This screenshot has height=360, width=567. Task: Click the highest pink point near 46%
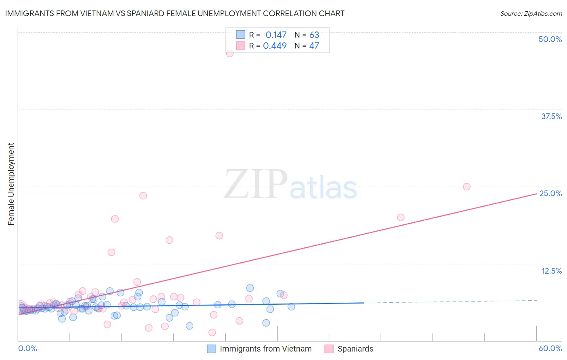pos(230,53)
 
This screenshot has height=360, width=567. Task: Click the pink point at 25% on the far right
pos(467,186)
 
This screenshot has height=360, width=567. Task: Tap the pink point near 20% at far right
pos(400,218)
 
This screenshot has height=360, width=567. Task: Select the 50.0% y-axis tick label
pos(550,39)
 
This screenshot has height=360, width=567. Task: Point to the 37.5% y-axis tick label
pos(551,116)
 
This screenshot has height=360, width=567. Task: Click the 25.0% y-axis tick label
pos(550,193)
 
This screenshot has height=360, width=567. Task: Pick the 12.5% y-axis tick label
pos(551,271)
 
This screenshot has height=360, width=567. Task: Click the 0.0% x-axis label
pos(27,348)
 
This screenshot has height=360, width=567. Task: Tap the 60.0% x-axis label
pos(550,348)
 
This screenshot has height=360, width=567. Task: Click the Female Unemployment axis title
pos(11,184)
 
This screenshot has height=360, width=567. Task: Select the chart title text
pos(175,13)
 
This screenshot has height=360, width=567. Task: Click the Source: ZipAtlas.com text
pos(531,13)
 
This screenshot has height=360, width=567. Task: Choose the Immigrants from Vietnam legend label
pos(265,349)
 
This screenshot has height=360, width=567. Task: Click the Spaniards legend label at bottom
pos(355,349)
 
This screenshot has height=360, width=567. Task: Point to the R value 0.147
pos(276,35)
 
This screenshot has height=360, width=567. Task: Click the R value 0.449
pos(275,46)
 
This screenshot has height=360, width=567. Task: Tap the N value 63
pos(314,35)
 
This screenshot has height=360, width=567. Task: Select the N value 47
pos(314,46)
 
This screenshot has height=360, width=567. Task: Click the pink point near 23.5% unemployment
pos(143,196)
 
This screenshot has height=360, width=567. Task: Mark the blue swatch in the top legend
pos(240,35)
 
